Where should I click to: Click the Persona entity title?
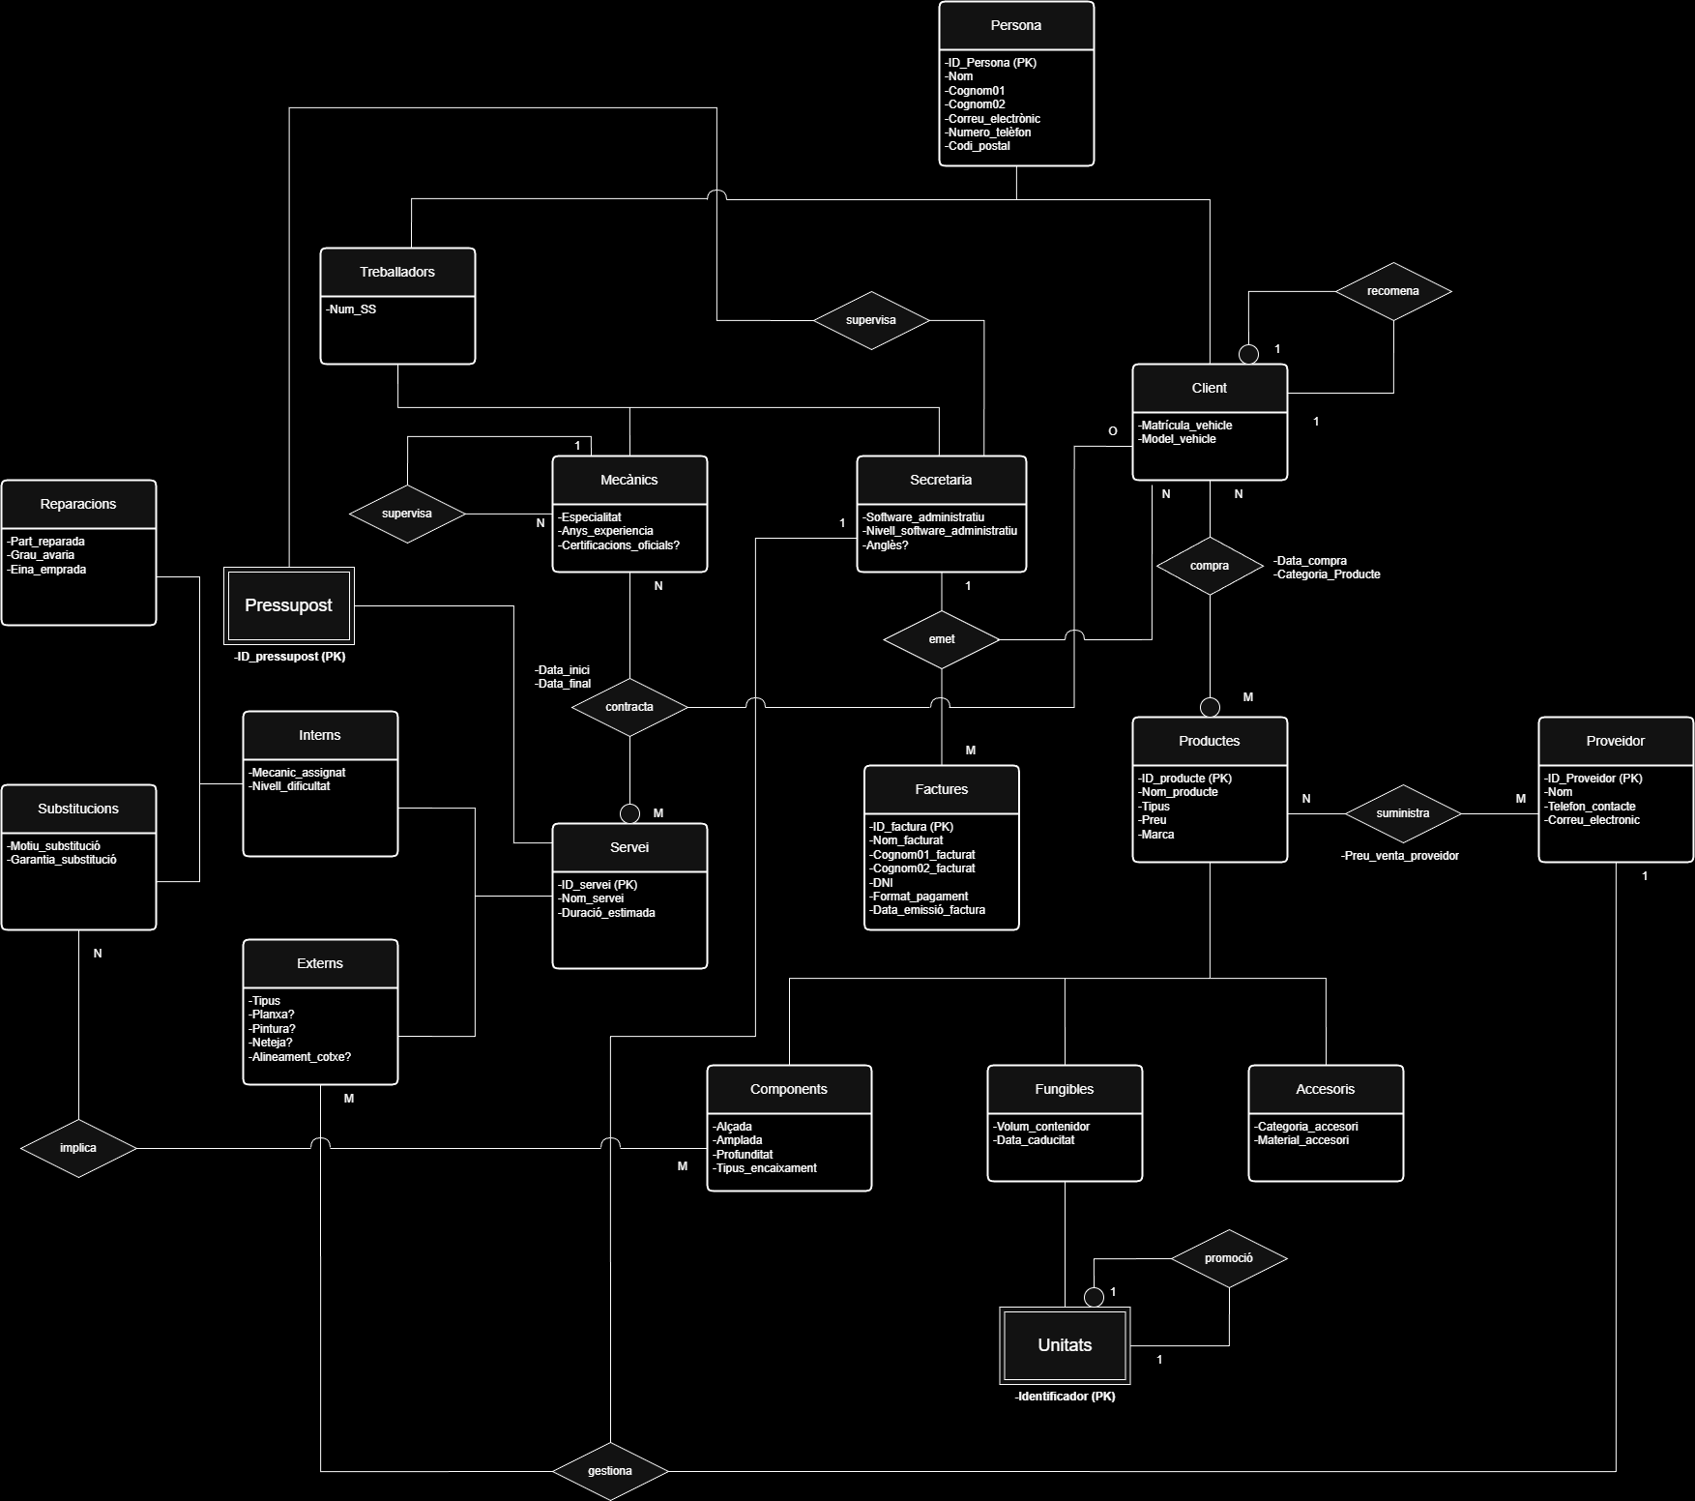tap(1015, 26)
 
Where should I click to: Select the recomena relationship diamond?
tap(1392, 291)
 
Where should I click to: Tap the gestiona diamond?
tap(610, 1471)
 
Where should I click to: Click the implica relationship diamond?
tap(78, 1148)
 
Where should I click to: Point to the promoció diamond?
tap(1228, 1258)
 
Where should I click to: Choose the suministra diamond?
tap(1402, 813)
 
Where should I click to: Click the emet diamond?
tap(941, 639)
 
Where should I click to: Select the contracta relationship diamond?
tap(629, 707)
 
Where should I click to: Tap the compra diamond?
tap(1209, 566)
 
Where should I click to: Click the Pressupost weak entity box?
tap(289, 605)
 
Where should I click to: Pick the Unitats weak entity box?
tap(1065, 1345)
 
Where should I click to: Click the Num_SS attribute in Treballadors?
tap(353, 309)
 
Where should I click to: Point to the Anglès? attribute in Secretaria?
tap(887, 545)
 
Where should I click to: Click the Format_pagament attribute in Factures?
tap(920, 897)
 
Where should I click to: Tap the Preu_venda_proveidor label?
tap(1400, 856)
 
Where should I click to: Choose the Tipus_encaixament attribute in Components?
tap(766, 1168)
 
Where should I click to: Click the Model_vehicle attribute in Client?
tap(1178, 439)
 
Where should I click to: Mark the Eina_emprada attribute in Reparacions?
tap(47, 570)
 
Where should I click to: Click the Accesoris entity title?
tap(1325, 1090)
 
